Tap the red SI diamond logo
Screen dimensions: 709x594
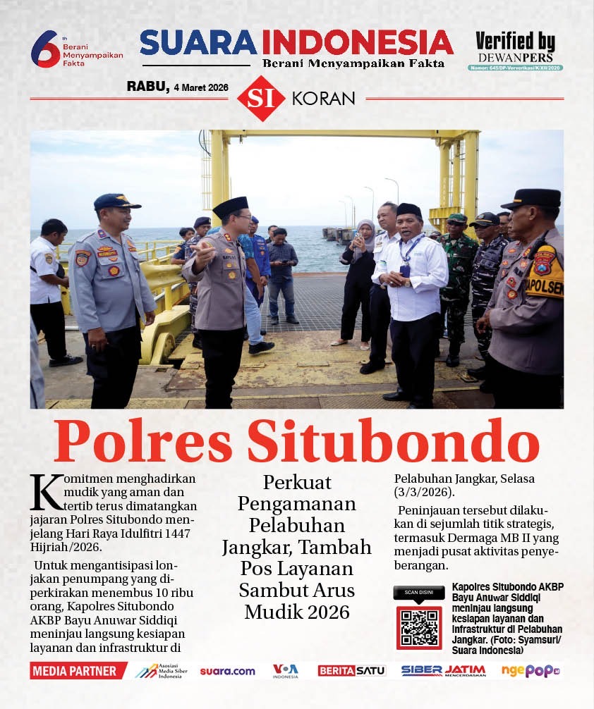(261, 99)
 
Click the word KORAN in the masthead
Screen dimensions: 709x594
(323, 99)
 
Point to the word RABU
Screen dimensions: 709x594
(147, 87)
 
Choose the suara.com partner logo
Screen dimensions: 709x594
(227, 671)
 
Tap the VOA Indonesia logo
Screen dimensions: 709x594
(286, 671)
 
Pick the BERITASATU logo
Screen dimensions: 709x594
(351, 671)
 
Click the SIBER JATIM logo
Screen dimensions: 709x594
(444, 671)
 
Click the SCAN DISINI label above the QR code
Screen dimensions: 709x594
(418, 593)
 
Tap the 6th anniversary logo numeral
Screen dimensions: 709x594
(45, 50)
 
